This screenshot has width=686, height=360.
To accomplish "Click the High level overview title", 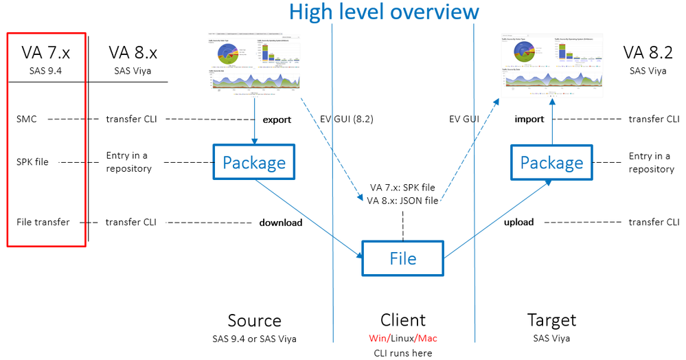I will pos(384,12).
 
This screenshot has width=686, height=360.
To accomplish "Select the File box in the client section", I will pos(403,258).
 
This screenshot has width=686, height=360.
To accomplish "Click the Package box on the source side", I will pos(254,163).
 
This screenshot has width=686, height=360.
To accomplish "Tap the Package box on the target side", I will pos(551,163).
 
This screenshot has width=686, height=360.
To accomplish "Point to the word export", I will pos(278,120).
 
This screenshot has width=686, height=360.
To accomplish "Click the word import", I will pos(529,120).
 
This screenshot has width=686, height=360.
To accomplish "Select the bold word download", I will pos(280,223).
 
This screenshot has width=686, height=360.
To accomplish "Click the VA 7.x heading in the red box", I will pos(47,53).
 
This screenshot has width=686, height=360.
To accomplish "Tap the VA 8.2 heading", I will pos(648,53).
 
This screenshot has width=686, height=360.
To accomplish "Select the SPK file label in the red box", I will pos(32,162).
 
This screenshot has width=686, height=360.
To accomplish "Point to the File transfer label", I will pos(43,223).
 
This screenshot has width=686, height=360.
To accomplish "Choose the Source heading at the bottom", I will pos(254,320).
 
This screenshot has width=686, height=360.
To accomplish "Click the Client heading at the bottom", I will pos(403,320).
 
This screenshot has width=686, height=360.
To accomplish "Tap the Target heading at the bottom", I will pos(551,320).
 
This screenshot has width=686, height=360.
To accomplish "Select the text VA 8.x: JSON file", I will pos(402,201).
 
